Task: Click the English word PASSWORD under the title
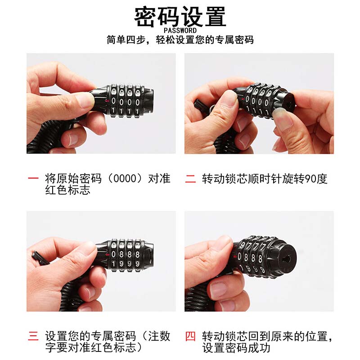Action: point(180,30)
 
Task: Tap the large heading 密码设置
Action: point(180,17)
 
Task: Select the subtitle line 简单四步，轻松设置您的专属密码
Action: point(180,40)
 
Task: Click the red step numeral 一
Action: point(33,178)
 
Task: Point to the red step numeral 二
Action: point(190,179)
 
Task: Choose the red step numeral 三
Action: point(33,336)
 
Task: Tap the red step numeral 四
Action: point(190,336)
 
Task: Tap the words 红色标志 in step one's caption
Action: point(68,190)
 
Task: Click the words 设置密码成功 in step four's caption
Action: point(236,348)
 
